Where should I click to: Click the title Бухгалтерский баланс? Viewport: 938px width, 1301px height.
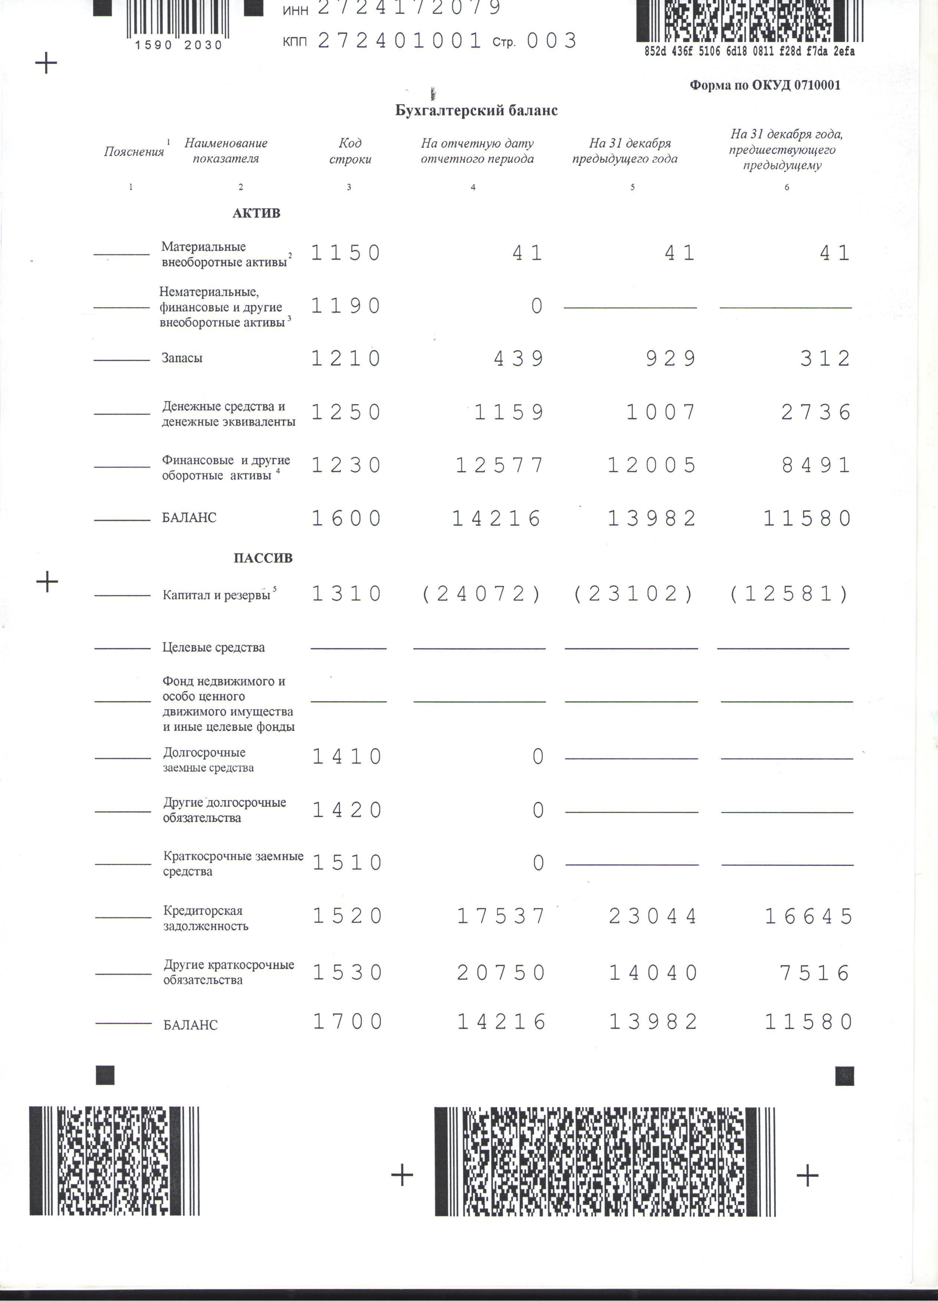coord(476,110)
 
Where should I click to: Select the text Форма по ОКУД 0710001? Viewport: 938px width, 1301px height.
coord(765,85)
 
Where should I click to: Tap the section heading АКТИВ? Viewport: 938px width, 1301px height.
coord(256,213)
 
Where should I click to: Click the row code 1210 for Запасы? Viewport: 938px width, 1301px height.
coord(346,358)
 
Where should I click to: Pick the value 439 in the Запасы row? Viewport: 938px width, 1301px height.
coord(519,358)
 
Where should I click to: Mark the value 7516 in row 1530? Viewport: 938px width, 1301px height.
coord(815,973)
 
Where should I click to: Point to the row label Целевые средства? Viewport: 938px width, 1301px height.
coord(213,648)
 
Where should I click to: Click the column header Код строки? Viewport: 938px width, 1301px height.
coord(350,151)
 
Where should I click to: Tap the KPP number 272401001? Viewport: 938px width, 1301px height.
coord(399,41)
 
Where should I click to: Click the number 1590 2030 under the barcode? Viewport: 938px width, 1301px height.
coord(178,45)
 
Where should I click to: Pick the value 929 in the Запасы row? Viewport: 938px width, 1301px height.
coord(670,358)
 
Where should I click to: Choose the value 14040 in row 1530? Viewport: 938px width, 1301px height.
coord(653,973)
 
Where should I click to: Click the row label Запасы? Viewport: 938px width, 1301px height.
coord(182,358)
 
